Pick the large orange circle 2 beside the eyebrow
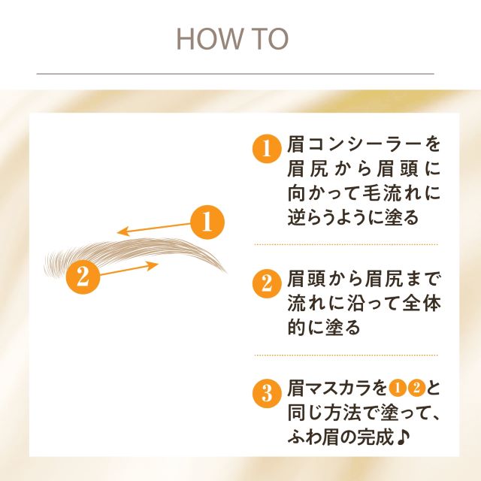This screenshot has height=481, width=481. (83, 277)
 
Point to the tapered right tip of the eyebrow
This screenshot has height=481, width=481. (223, 270)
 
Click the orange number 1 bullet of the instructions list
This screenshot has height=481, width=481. (265, 148)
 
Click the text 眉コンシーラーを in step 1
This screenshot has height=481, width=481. (365, 144)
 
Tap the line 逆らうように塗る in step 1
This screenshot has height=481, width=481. (352, 217)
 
